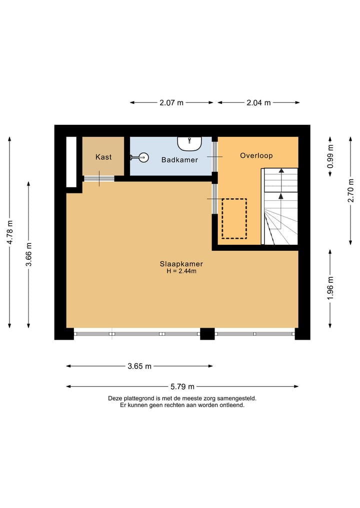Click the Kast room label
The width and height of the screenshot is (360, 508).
point(103,157)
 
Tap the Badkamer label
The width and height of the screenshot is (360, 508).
point(179,160)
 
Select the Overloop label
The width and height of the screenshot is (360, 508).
point(256,155)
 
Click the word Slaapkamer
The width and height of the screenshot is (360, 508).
point(181,264)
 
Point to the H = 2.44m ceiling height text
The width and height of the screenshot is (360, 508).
point(181,271)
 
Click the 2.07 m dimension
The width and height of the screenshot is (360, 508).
point(171,102)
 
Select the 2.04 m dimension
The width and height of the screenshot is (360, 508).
point(258,102)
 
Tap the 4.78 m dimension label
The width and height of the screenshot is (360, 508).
point(9,232)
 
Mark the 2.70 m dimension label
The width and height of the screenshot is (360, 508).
point(350,190)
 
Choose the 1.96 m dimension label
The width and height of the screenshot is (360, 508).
point(330,289)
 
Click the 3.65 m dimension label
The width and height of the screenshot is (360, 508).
point(139,366)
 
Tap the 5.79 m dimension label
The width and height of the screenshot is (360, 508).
point(182,386)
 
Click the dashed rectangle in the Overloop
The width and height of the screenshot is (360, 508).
point(234,219)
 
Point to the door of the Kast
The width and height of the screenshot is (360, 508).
point(99,178)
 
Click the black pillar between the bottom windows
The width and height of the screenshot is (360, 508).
point(207,334)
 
